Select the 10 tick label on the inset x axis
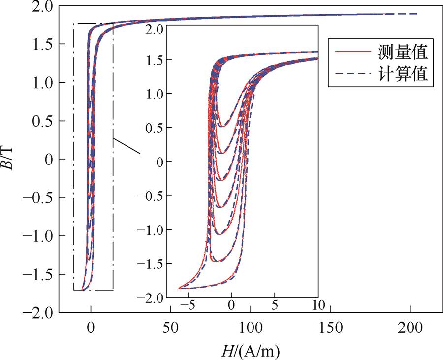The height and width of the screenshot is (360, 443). click(318, 305)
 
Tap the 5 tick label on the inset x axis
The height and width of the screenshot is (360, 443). click(275, 305)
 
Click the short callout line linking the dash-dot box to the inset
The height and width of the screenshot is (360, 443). click(127, 146)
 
